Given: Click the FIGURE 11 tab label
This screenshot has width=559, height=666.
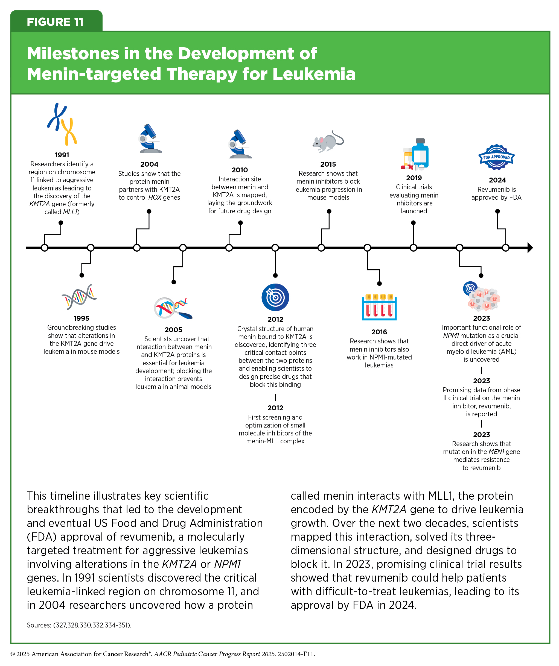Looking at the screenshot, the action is point(55,22).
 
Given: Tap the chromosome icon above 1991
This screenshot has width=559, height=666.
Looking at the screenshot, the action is point(62,124).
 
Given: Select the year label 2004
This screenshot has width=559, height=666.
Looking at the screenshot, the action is point(149,164).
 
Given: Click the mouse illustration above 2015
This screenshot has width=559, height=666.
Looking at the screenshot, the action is point(328,141).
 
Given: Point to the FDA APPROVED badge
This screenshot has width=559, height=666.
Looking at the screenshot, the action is point(496,157).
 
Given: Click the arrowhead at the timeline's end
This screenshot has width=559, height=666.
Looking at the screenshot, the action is point(530,248).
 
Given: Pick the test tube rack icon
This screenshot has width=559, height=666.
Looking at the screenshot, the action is point(379,307).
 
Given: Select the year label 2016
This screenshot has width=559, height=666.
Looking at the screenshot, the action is point(379,332).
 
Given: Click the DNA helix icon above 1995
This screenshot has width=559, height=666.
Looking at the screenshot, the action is point(79,297).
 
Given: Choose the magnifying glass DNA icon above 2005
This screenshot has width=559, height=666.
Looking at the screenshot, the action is point(173,308).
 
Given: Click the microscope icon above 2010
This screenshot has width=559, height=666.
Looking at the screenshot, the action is point(240,144).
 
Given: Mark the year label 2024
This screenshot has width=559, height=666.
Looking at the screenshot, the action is point(497,180).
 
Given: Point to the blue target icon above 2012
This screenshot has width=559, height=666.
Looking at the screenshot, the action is point(275,297).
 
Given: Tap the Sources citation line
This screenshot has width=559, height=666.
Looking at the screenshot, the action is point(79,625).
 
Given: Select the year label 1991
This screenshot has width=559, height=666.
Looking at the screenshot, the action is point(62,155).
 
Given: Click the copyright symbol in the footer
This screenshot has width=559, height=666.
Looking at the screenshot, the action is point(13,654).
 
